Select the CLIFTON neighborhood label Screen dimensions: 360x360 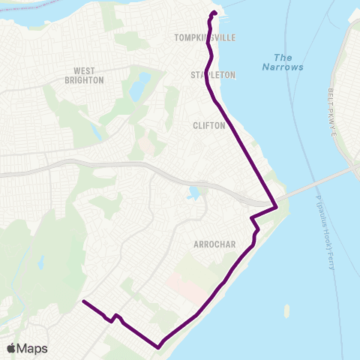point(209,125)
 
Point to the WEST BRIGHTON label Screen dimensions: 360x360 point(84,75)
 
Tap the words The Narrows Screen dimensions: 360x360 point(283,62)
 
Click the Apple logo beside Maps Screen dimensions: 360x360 point(11,348)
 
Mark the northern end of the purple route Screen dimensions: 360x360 point(214,13)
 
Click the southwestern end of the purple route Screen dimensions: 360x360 point(82,301)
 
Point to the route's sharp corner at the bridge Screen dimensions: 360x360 point(277,206)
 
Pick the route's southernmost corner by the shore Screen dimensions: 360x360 point(159,347)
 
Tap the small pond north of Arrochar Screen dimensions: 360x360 point(195,193)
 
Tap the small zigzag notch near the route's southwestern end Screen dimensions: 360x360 point(114,318)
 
